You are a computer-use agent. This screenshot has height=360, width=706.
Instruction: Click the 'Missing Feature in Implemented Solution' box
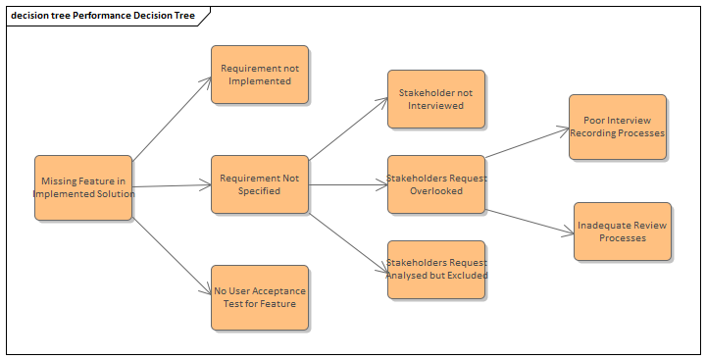point(83,186)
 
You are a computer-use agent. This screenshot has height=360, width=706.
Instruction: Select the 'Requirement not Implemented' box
point(260,75)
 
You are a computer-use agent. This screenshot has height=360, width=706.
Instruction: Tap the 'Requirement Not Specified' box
point(260,184)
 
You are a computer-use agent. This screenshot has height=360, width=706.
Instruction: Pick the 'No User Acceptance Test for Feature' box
point(260,296)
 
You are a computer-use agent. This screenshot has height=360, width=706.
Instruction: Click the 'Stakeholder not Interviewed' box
point(436,99)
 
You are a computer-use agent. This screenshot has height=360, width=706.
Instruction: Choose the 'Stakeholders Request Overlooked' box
point(436,184)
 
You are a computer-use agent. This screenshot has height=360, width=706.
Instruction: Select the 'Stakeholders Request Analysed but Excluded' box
point(436,269)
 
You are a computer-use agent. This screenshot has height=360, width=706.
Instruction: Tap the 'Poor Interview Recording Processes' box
point(618,127)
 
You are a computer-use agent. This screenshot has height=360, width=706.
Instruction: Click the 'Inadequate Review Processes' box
point(623,231)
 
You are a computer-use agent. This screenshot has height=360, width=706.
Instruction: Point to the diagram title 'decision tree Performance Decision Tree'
point(103,16)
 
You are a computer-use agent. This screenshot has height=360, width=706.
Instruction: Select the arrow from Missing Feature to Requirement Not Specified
point(172,185)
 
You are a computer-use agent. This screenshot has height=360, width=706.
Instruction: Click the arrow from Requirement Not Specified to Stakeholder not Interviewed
point(348,128)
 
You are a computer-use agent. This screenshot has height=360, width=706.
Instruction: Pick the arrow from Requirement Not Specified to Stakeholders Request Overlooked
point(348,184)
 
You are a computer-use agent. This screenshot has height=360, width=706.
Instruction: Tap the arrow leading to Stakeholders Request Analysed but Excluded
point(348,240)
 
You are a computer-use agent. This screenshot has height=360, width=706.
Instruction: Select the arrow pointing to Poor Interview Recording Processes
point(528,141)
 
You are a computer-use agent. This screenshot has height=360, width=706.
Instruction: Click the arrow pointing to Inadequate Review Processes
point(529,221)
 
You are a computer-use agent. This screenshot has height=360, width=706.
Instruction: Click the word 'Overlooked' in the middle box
point(436,191)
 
